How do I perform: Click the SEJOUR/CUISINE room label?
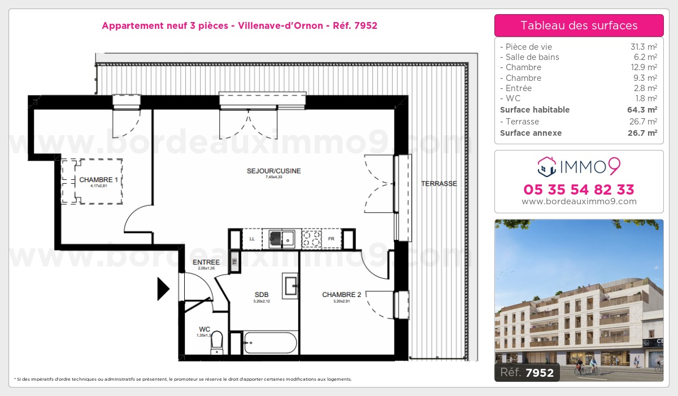[x=273, y=171]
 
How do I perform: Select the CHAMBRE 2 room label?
[x=341, y=295]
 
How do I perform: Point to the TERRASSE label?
[x=439, y=184]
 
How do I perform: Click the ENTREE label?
[x=206, y=262]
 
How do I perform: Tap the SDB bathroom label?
[x=261, y=295]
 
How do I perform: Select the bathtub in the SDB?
[x=270, y=343]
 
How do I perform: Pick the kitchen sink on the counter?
[x=281, y=239]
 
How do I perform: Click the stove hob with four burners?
[x=312, y=239]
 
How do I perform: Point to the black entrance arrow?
[x=163, y=289]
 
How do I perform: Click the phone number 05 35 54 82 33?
[x=579, y=190]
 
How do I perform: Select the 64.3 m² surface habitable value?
[x=644, y=110]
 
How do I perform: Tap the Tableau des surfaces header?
[x=579, y=25]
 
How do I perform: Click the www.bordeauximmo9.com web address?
[x=579, y=201]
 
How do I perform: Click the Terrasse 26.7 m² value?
[x=644, y=122]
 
